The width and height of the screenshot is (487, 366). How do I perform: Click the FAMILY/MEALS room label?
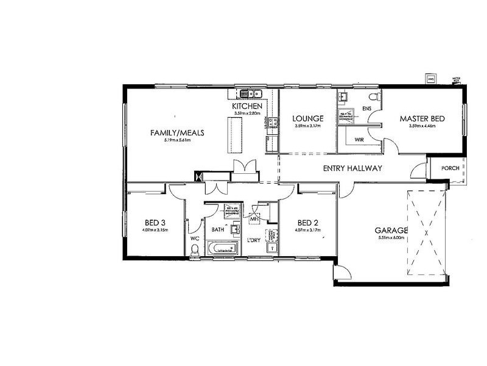click(x=177, y=132)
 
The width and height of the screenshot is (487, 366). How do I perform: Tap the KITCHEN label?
click(x=247, y=107)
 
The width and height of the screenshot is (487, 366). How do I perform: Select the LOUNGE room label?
click(x=307, y=118)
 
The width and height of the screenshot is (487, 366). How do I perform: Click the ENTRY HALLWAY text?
click(x=352, y=168)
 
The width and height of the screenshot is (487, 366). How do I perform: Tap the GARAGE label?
click(x=391, y=231)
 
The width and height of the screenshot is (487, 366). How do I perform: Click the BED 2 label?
click(x=307, y=222)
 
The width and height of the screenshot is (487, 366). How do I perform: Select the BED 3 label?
click(x=156, y=222)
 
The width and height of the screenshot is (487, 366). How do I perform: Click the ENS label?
click(x=366, y=109)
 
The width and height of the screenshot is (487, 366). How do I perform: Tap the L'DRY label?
click(x=254, y=240)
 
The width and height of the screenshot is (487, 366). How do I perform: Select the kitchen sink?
click(x=250, y=94)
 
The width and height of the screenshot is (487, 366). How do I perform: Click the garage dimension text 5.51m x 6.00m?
click(x=391, y=239)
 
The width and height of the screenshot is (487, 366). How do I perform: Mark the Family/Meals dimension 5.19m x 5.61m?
click(x=177, y=140)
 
